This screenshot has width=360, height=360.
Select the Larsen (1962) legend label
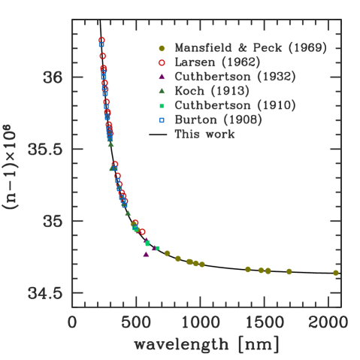pyautogui.click(x=218, y=62)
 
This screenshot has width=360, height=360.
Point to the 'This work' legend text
pyautogui.click(x=205, y=135)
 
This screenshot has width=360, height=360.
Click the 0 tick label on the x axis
pyautogui.click(x=73, y=322)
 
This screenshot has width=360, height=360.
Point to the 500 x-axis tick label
pyautogui.click(x=137, y=322)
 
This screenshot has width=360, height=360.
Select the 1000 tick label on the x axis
pyautogui.click(x=201, y=322)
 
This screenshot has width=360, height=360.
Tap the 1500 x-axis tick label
pyautogui.click(x=265, y=322)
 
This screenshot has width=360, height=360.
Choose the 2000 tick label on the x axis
pyautogui.click(x=328, y=322)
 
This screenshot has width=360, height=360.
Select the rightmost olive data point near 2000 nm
pyautogui.click(x=336, y=273)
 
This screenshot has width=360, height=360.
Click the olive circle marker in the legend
pyautogui.click(x=162, y=48)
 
